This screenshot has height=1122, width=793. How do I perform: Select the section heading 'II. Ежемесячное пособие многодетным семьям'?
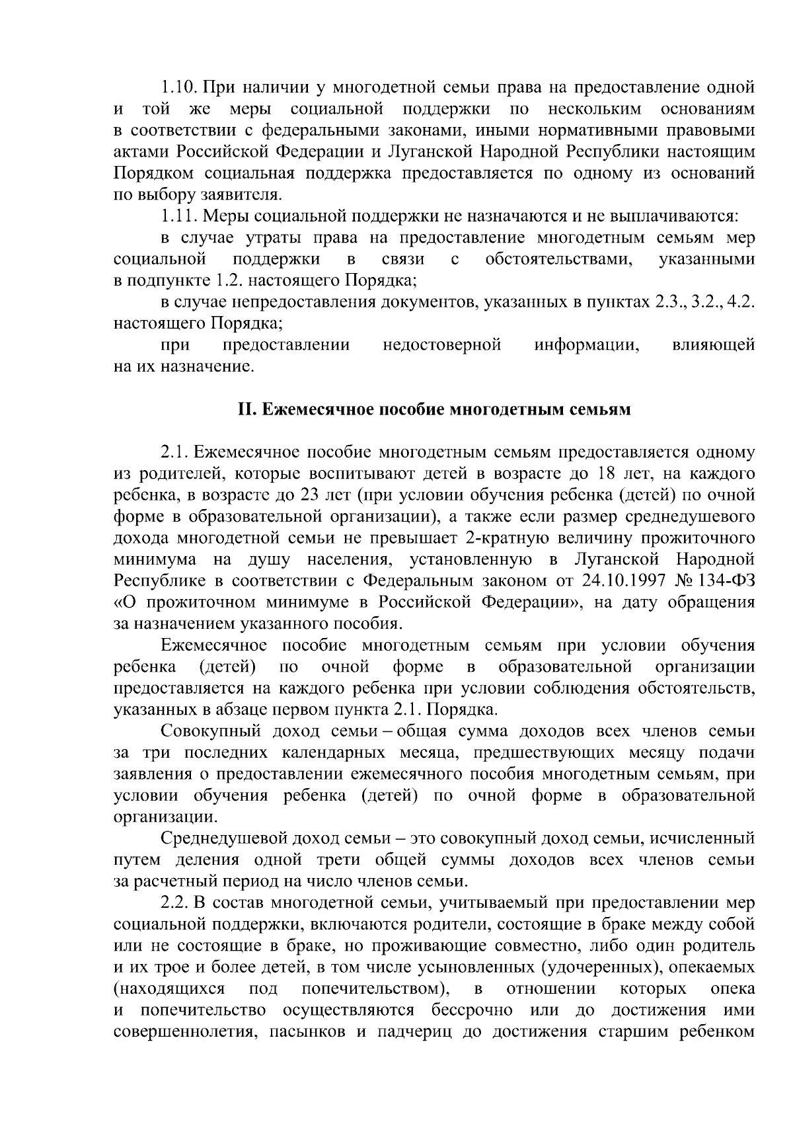434,410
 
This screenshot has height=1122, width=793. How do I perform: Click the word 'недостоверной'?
441,345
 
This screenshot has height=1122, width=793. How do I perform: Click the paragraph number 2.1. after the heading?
174,453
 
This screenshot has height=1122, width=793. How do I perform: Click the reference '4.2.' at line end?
741,302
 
